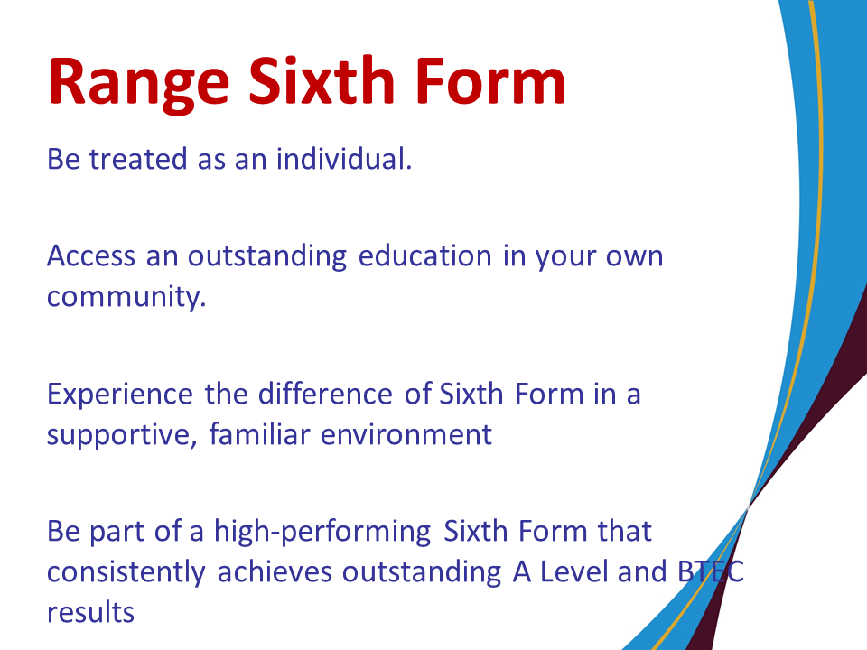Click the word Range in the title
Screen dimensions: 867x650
pyautogui.click(x=138, y=83)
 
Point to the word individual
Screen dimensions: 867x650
pyautogui.click(x=344, y=159)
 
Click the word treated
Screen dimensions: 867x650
pyautogui.click(x=138, y=160)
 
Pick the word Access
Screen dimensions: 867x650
pyautogui.click(x=91, y=256)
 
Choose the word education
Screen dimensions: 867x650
pyautogui.click(x=424, y=255)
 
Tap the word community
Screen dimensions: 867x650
pyautogui.click(x=126, y=297)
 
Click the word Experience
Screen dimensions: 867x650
pyautogui.click(x=120, y=395)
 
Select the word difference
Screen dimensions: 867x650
pyautogui.click(x=325, y=394)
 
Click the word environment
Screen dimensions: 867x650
pyautogui.click(x=406, y=434)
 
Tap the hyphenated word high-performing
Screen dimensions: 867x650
pyautogui.click(x=322, y=533)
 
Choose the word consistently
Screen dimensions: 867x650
pyautogui.click(x=126, y=572)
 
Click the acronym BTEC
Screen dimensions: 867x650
pyautogui.click(x=711, y=572)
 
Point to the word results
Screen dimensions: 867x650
pyautogui.click(x=90, y=613)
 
